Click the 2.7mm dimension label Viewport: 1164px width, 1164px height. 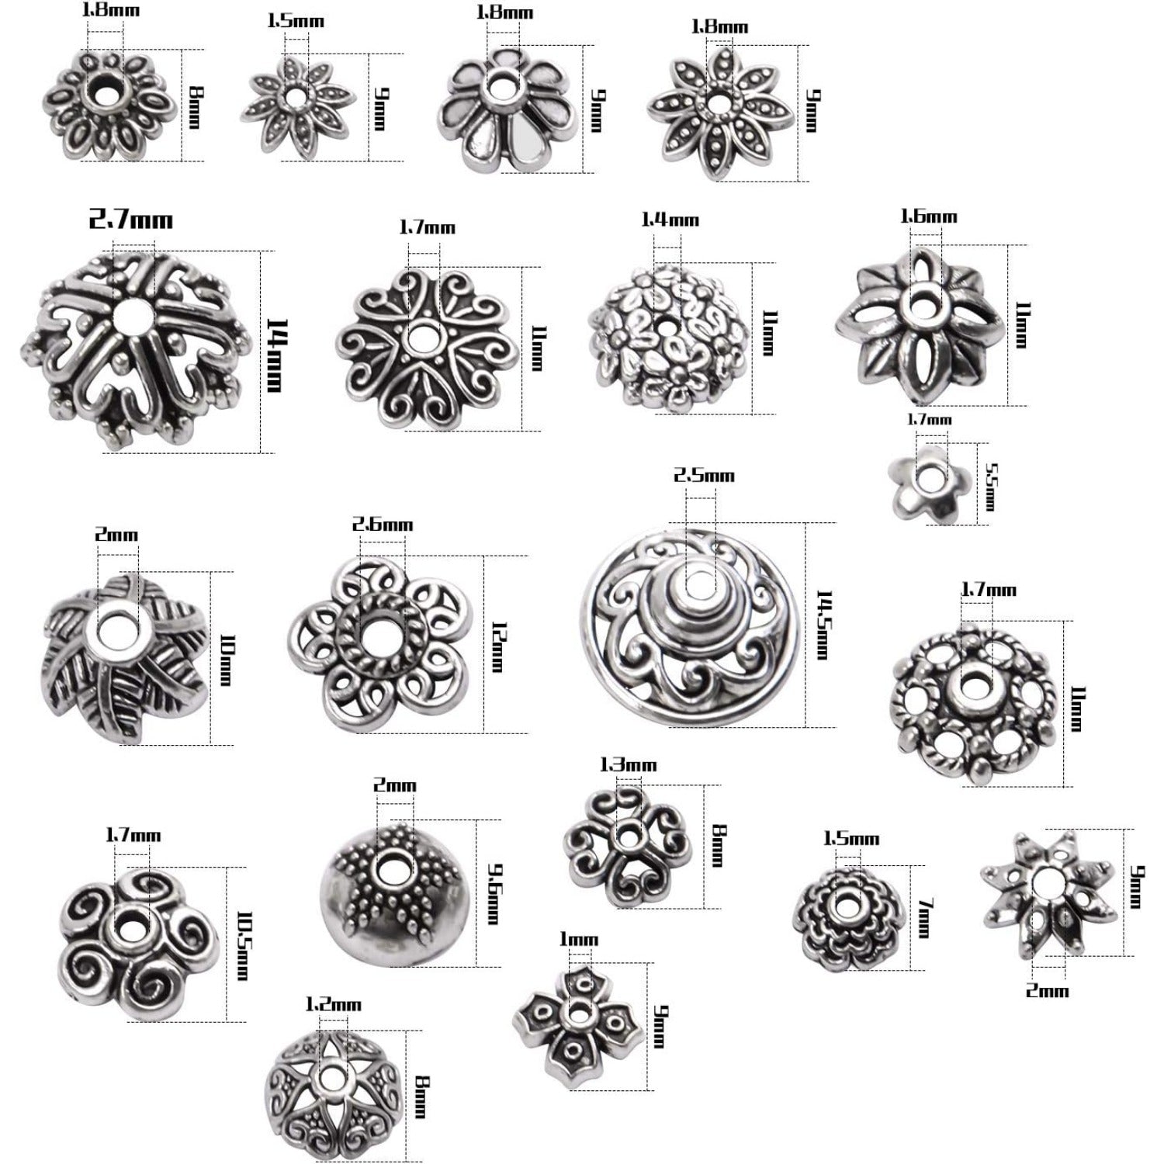pyautogui.click(x=130, y=220)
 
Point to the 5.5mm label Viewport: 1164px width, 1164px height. pyautogui.click(x=989, y=487)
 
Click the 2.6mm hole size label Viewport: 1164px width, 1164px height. pyautogui.click(x=383, y=525)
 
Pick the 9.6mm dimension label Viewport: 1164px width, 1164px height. pyautogui.click(x=491, y=893)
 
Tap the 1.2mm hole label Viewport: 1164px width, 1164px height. pyautogui.click(x=333, y=1005)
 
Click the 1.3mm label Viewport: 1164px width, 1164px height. pyautogui.click(x=629, y=765)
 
